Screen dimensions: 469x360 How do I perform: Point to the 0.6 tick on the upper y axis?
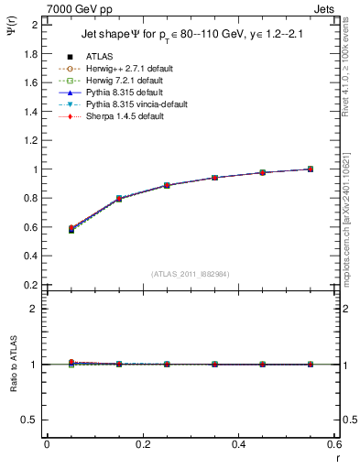pos(31,227)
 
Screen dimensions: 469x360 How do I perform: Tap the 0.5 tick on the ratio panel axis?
pos(31,420)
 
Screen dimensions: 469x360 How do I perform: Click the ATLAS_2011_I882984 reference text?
pos(190,275)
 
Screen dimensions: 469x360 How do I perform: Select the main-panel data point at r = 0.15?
pos(118,199)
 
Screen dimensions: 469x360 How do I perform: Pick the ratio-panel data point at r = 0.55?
pos(311,364)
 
